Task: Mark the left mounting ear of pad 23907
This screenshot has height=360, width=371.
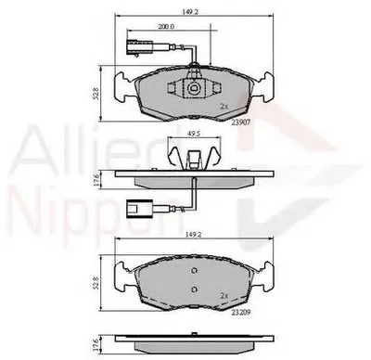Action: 122,88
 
